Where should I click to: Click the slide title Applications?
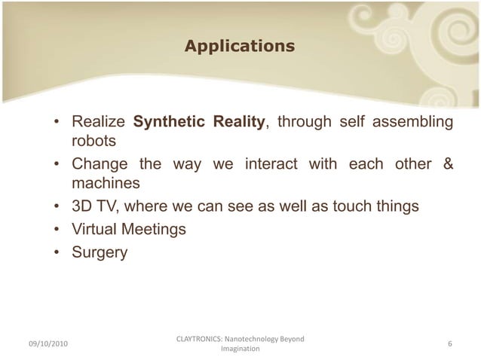[240, 47]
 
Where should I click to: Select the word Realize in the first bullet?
[98, 122]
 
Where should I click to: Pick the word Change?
[98, 164]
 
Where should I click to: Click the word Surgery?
[100, 253]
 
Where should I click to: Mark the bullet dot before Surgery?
[57, 253]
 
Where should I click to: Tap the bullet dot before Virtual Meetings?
[57, 230]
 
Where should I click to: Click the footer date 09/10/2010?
[47, 344]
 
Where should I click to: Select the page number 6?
[449, 344]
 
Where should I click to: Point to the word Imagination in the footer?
[240, 349]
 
